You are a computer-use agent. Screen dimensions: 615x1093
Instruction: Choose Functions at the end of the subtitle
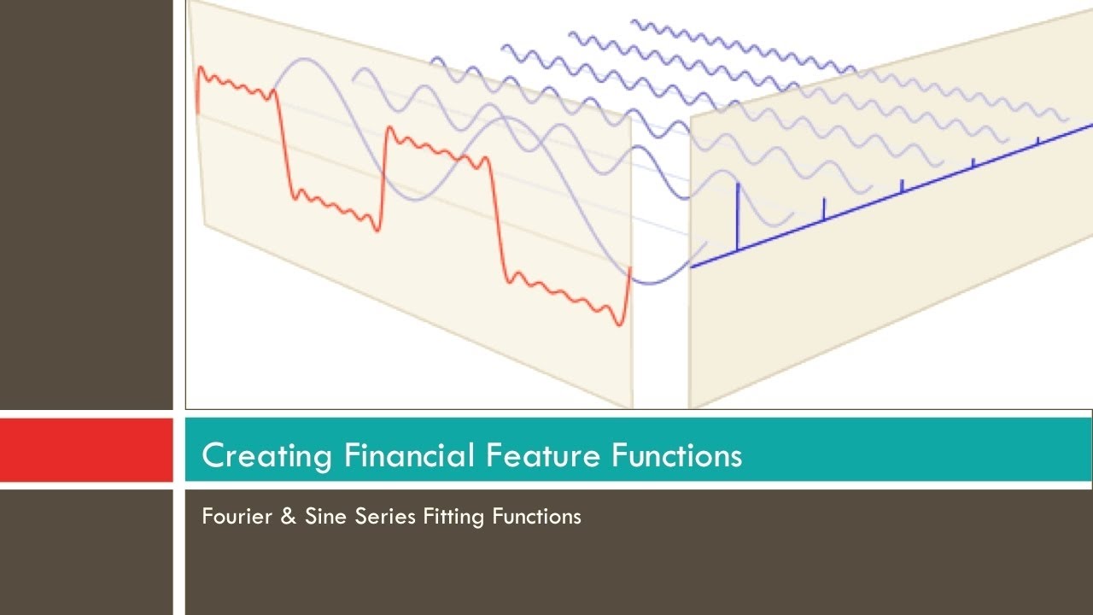point(537,517)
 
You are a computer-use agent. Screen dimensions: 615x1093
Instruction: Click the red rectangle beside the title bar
point(85,450)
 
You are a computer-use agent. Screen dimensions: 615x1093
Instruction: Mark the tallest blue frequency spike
point(737,218)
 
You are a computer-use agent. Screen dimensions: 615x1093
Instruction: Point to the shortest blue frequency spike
point(1037,140)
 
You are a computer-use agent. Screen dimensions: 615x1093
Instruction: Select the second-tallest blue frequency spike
point(823,210)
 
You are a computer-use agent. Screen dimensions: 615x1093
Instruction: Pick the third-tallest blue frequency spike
point(902,186)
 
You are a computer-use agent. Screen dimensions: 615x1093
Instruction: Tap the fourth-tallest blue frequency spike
point(973,162)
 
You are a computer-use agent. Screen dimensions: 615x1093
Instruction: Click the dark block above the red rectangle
point(85,205)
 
